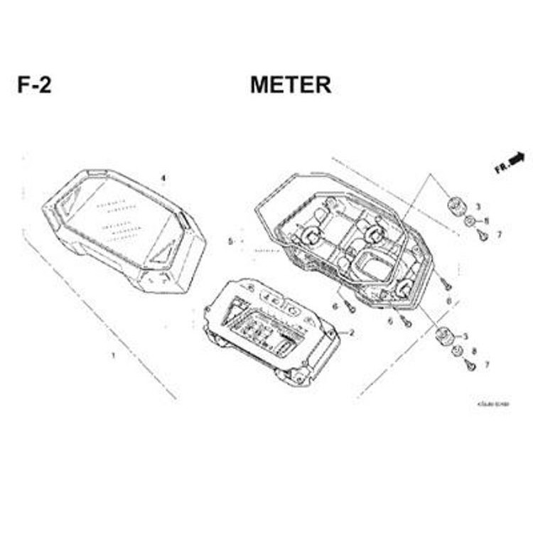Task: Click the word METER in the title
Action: click(290, 85)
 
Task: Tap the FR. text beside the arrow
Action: click(502, 167)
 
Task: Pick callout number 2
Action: click(351, 333)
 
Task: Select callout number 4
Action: click(163, 178)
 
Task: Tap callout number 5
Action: click(230, 242)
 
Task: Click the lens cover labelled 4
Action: click(124, 227)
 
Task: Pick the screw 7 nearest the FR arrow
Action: click(483, 235)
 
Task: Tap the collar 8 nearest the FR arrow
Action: click(470, 222)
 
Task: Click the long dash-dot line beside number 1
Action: click(99, 313)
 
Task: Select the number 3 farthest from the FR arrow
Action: click(465, 336)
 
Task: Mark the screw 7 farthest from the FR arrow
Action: click(470, 365)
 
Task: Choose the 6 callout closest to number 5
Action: click(334, 306)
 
